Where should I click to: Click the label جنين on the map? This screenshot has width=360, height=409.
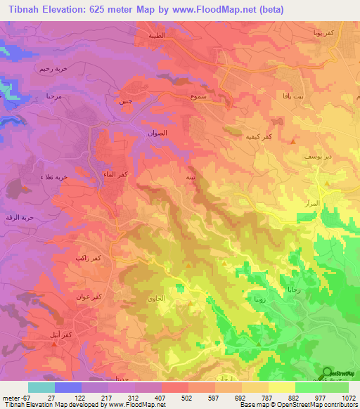(123, 101)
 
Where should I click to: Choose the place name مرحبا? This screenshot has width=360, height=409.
(55, 96)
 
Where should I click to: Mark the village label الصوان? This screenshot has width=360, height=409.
(158, 132)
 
